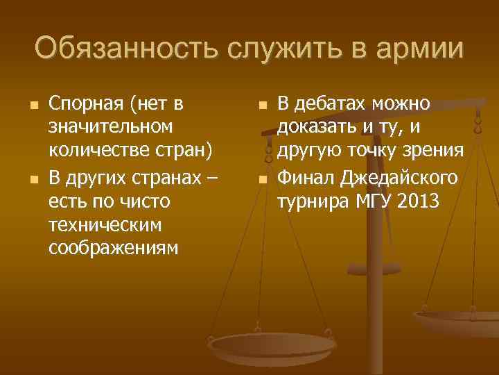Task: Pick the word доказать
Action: point(318,128)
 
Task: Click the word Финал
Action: point(306,178)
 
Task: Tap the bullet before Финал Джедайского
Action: point(262,179)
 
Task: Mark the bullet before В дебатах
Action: point(262,106)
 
